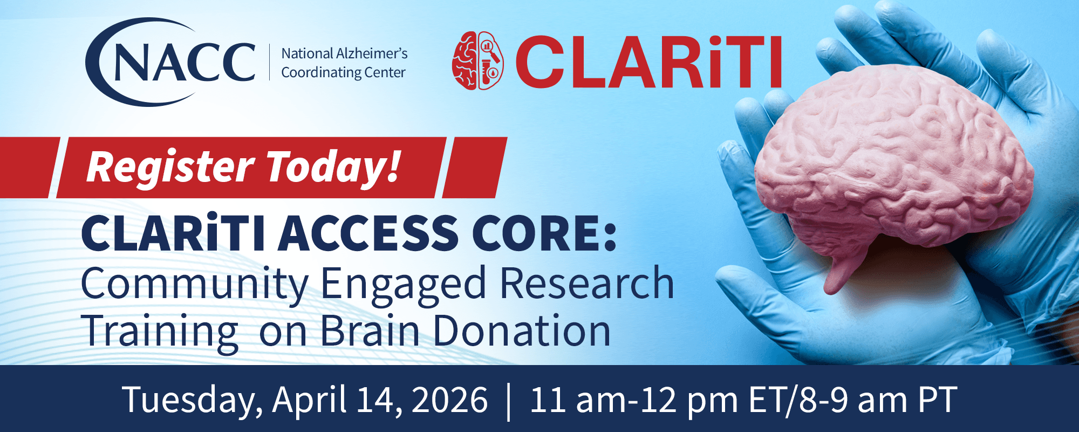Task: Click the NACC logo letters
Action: [x=183, y=63]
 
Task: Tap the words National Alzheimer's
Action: [x=344, y=53]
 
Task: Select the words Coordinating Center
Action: [x=343, y=72]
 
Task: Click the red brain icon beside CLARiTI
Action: [x=477, y=60]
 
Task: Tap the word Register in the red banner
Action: [x=170, y=167]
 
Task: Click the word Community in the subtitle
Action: [x=194, y=284]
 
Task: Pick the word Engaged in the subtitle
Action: [x=404, y=284]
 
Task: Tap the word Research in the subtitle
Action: [x=587, y=283]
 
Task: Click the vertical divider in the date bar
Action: [x=509, y=401]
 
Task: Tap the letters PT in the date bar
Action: [x=938, y=400]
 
